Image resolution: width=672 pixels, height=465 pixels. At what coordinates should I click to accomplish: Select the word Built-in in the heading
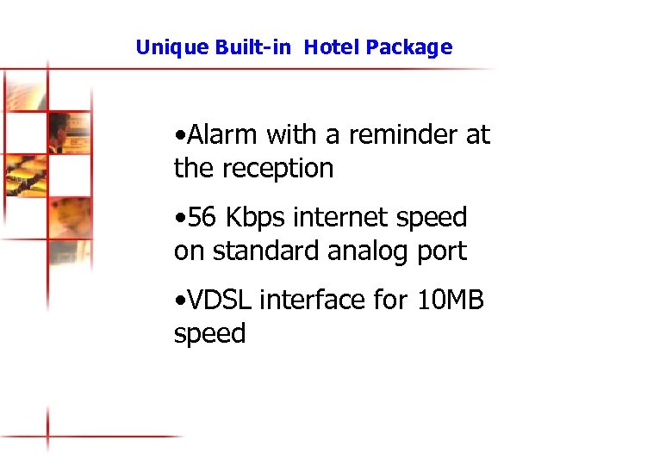point(243,47)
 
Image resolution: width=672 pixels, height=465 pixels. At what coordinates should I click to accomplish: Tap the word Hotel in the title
point(332,47)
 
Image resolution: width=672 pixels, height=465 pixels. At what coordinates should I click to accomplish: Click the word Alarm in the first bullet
point(223,135)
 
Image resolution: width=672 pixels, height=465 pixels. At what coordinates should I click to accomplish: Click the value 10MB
point(451,301)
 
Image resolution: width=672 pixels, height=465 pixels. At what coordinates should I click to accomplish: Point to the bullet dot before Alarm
point(177,136)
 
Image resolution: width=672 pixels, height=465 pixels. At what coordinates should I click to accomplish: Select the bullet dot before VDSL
point(177,301)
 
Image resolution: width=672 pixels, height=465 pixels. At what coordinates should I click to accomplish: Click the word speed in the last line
point(209,334)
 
